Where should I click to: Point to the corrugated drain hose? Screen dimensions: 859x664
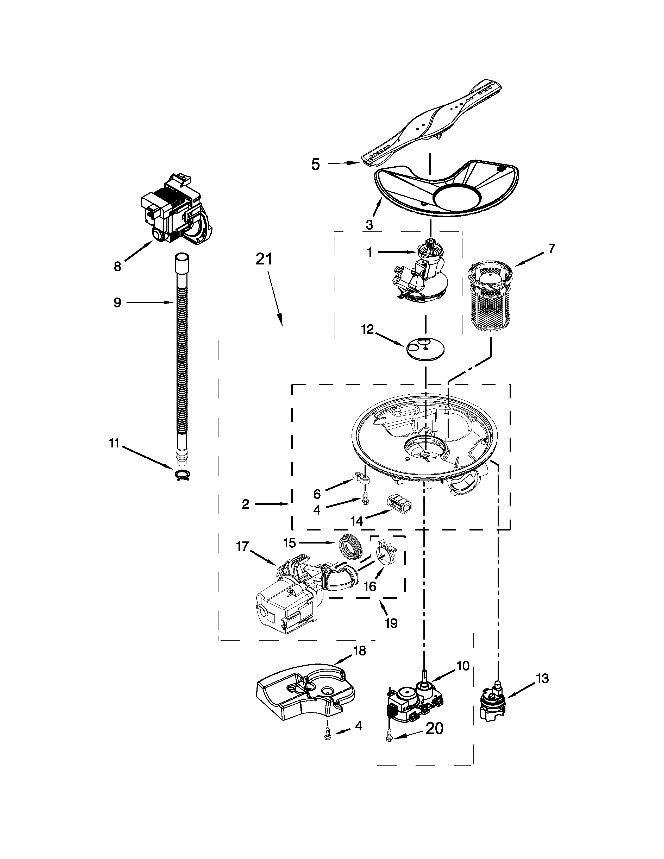click(181, 362)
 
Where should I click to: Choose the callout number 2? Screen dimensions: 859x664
click(246, 504)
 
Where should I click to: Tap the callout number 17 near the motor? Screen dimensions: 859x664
click(242, 546)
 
